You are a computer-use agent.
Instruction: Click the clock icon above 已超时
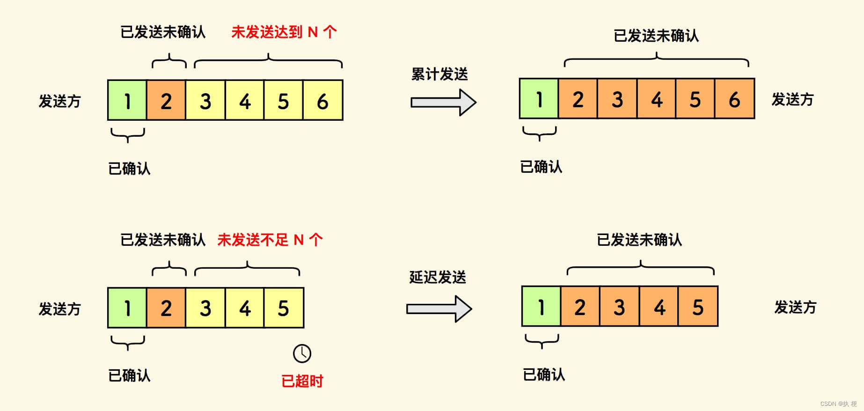click(302, 353)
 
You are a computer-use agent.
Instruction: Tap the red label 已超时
click(302, 381)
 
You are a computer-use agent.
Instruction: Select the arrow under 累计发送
click(443, 102)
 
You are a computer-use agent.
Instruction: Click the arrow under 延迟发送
click(439, 309)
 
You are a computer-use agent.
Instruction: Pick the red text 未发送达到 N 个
click(284, 32)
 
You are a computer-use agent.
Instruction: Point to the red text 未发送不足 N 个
click(270, 240)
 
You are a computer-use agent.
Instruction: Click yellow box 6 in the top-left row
click(322, 101)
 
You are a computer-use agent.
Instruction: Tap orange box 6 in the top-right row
click(734, 99)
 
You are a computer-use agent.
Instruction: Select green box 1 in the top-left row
click(127, 101)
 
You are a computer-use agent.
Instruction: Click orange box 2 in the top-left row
click(166, 101)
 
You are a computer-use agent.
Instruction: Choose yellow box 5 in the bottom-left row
click(284, 308)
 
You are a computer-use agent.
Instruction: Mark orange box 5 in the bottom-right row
click(698, 307)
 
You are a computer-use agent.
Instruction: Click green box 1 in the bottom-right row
click(541, 307)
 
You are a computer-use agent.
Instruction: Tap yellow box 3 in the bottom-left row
click(205, 308)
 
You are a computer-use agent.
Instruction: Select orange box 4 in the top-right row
click(657, 99)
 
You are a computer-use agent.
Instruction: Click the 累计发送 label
click(439, 74)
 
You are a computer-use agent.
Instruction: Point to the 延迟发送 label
click(438, 277)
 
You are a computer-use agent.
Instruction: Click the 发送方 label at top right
click(792, 99)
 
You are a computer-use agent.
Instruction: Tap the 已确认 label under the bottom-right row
click(544, 374)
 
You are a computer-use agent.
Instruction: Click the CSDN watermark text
click(838, 404)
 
